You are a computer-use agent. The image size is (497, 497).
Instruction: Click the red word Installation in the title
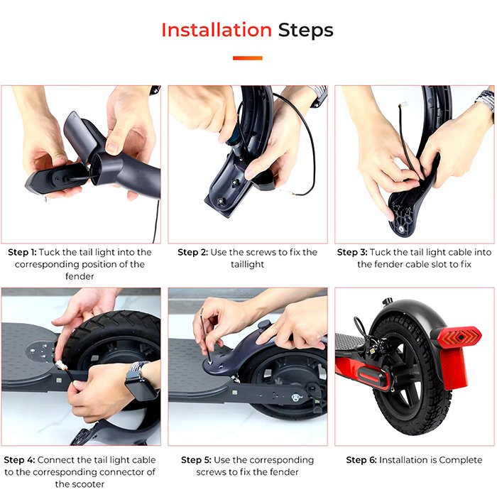217,30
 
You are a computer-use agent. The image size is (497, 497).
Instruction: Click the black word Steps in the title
305,30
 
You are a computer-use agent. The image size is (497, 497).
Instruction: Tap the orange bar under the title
248,58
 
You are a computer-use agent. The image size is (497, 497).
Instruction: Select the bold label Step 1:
22,252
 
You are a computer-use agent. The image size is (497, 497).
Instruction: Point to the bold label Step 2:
192,252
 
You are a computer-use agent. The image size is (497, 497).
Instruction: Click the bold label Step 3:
352,252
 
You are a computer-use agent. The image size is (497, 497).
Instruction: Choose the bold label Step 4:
19,460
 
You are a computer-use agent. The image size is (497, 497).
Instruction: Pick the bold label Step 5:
196,460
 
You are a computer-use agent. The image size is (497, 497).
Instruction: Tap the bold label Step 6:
361,460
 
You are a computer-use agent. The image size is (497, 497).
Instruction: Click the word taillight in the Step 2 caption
248,264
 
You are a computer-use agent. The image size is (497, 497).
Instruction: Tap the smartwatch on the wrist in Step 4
141,383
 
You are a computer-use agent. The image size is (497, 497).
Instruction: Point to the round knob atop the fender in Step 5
263,324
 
